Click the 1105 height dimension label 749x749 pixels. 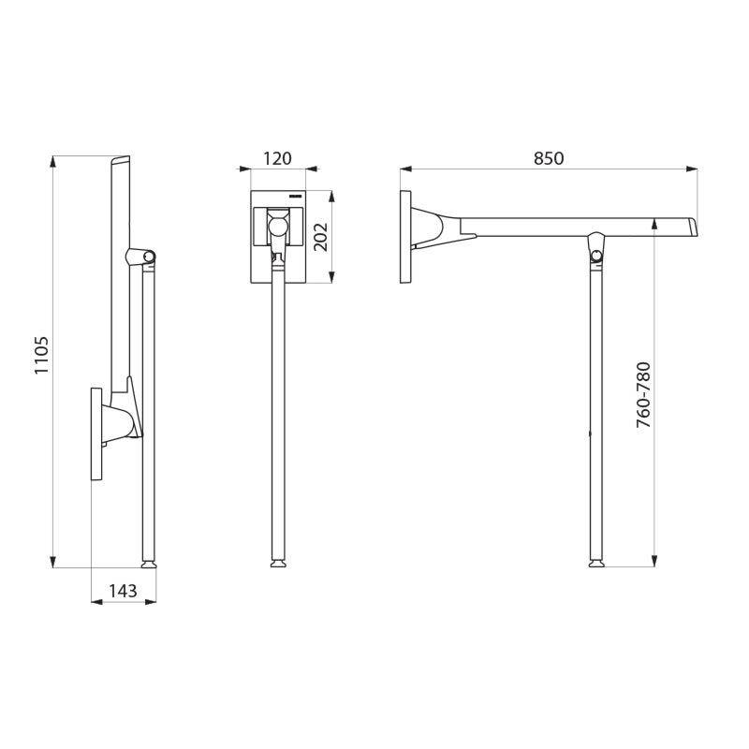tap(41, 356)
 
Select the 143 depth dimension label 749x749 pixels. tap(123, 591)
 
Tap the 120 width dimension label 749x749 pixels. tap(277, 159)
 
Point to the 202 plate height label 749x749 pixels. tap(318, 237)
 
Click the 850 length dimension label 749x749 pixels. tap(549, 159)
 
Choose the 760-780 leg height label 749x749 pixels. tap(643, 395)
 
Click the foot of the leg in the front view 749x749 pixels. tap(277, 564)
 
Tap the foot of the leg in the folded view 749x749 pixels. tap(148, 564)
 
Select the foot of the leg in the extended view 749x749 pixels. tap(595, 564)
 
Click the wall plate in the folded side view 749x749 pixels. tap(95, 433)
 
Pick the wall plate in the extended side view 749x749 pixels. tap(405, 237)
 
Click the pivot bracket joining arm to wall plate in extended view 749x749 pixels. tap(433, 229)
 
